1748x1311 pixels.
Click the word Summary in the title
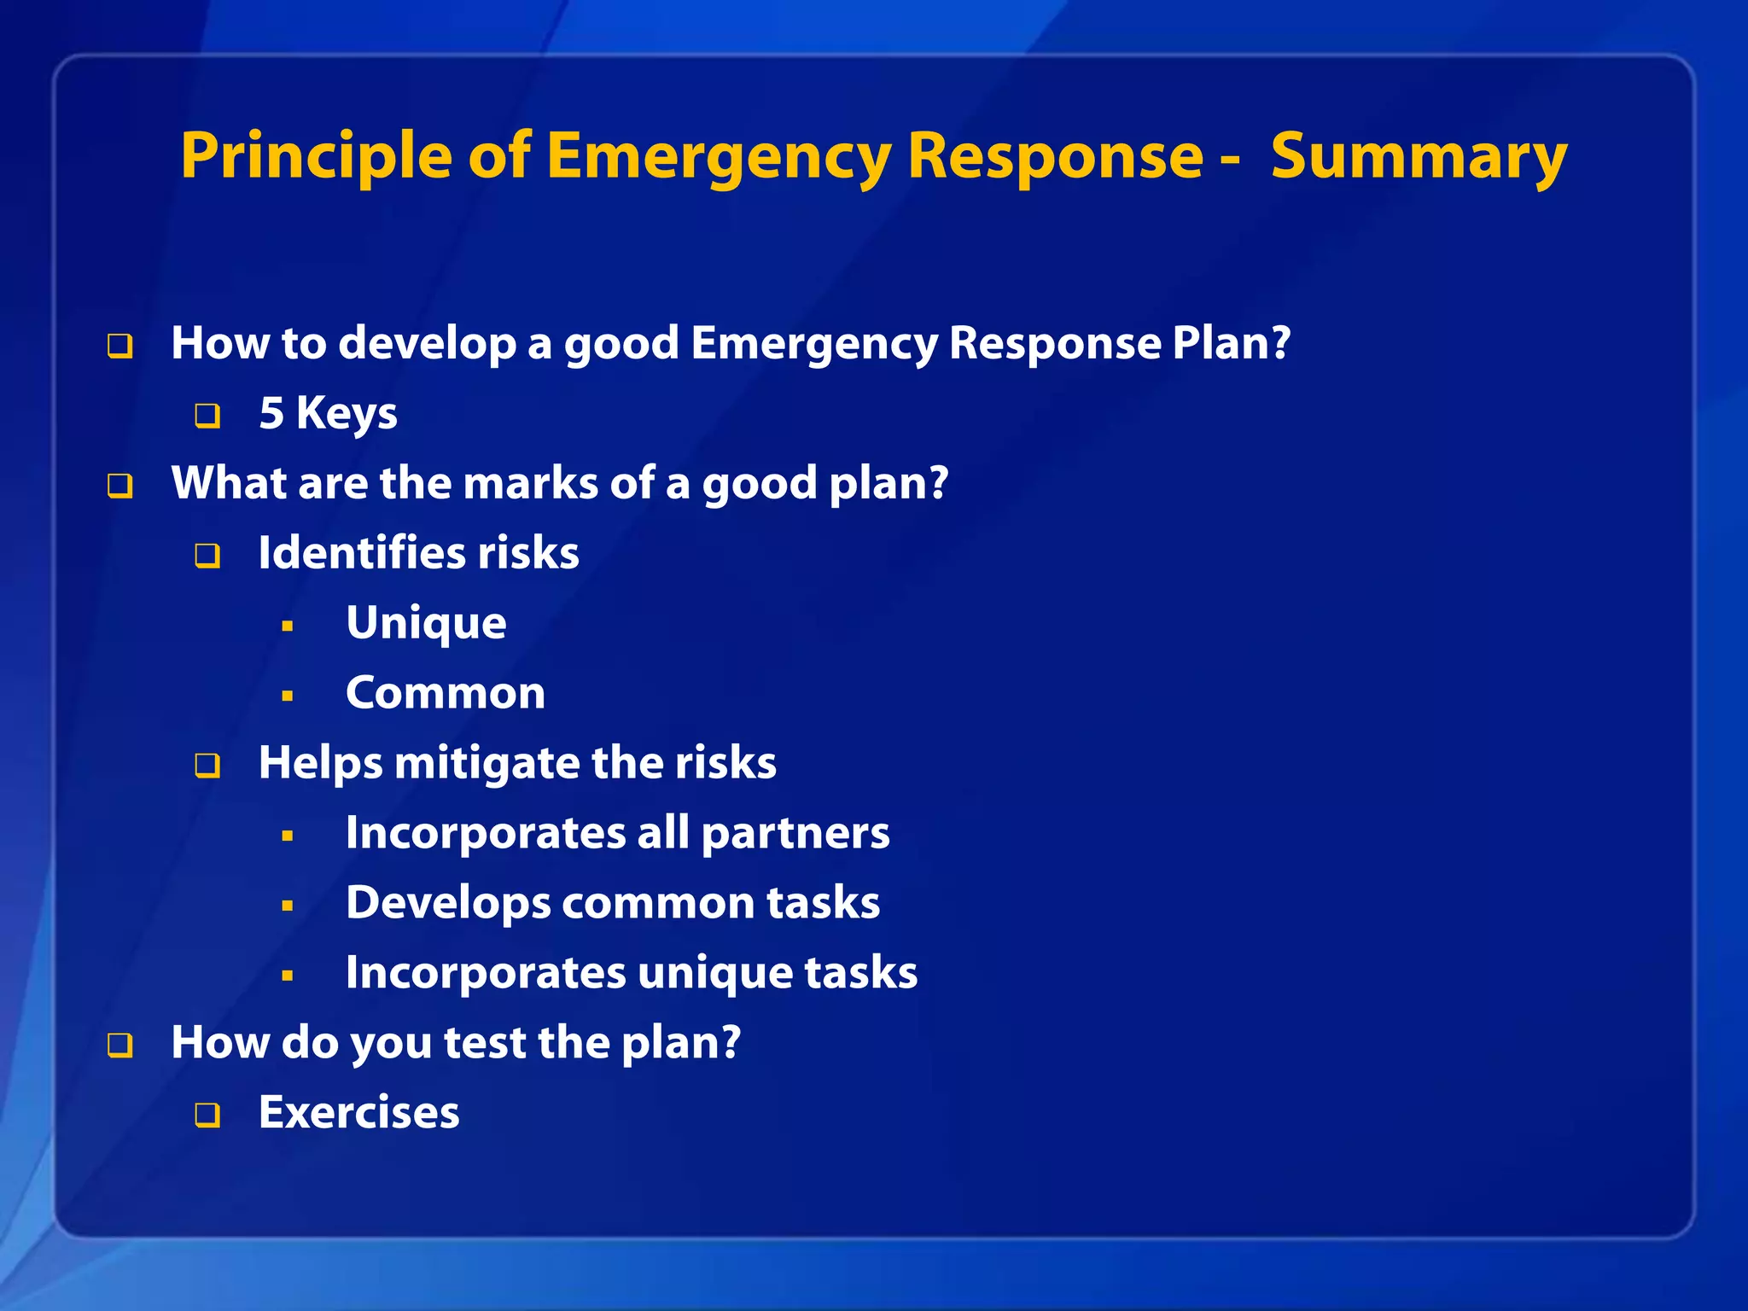[1419, 158]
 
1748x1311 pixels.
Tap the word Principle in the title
[316, 158]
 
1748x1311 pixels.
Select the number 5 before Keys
[271, 413]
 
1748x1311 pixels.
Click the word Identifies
[363, 553]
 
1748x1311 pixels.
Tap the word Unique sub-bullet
[426, 623]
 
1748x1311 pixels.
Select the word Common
[445, 693]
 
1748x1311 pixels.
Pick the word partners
[795, 833]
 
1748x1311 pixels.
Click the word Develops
[448, 903]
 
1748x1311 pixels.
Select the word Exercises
[358, 1113]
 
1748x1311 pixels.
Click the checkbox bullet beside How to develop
[120, 347]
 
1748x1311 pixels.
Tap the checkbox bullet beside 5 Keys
[207, 417]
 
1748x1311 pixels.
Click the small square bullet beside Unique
[288, 626]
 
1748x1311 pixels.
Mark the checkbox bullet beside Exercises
[207, 1116]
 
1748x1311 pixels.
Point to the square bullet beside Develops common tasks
[288, 906]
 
